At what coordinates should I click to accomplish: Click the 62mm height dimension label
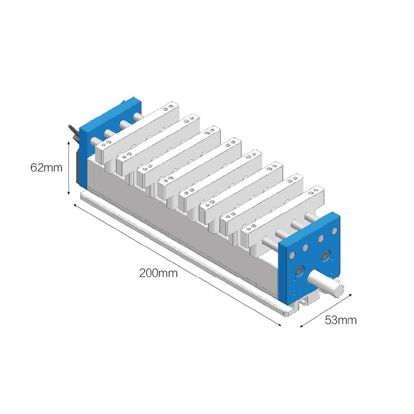[46, 168]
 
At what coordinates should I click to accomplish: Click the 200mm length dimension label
[159, 273]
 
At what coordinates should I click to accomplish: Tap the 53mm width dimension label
[341, 320]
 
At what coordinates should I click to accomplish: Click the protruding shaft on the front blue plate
[326, 284]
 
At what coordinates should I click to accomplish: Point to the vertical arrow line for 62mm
[68, 168]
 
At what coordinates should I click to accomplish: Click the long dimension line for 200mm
[177, 265]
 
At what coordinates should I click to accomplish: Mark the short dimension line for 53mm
[326, 310]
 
